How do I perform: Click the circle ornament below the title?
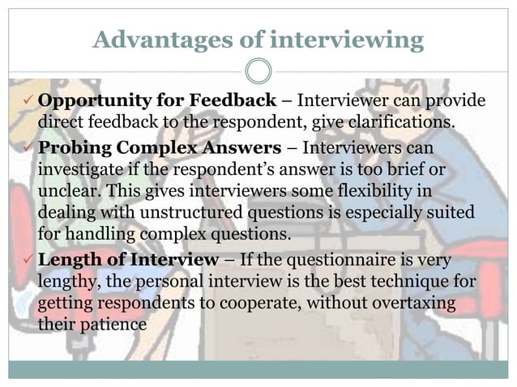click(258, 72)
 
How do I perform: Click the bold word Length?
click(70, 260)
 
